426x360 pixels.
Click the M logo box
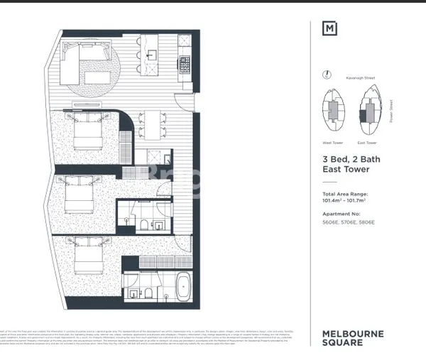[x=330, y=29]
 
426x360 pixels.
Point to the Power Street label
[x=392, y=110]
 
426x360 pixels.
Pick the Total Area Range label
[x=345, y=193]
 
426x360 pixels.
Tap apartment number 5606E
[x=331, y=222]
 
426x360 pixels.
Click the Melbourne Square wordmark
[x=353, y=338]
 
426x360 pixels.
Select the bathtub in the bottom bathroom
[x=181, y=287]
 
